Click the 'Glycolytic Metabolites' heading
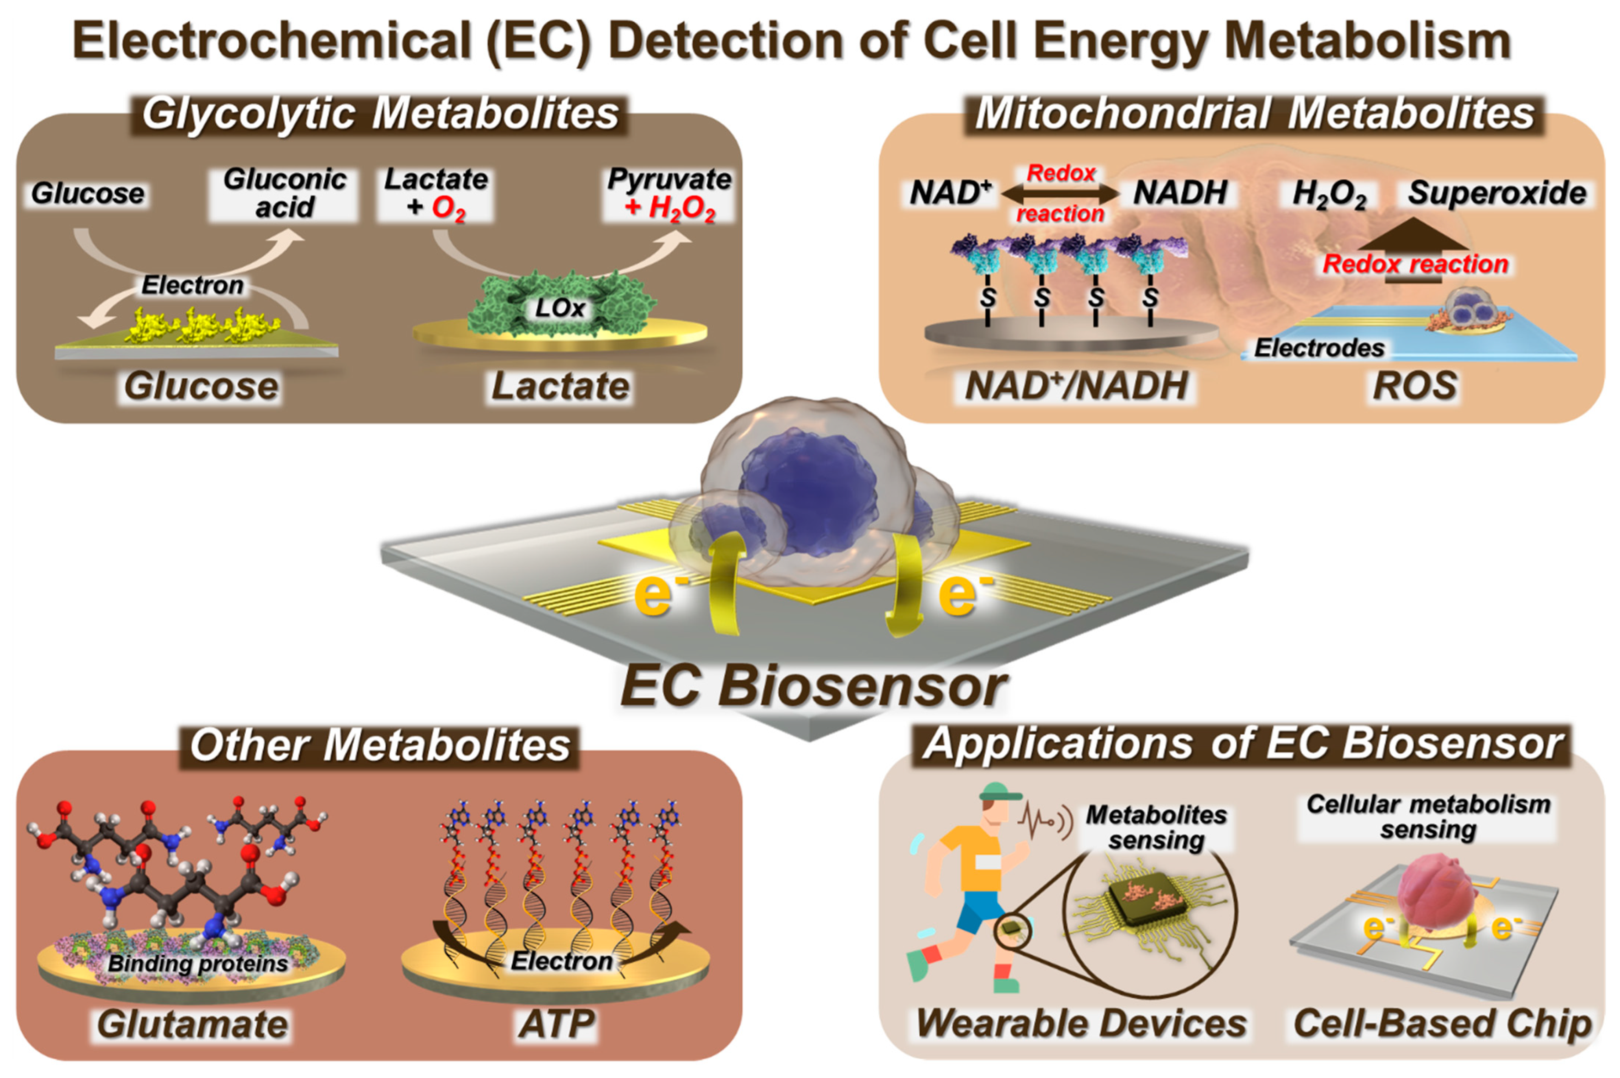380,114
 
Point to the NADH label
1180,193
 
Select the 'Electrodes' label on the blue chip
1319,348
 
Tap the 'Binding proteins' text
198,963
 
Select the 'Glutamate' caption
193,1024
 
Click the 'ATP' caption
556,1024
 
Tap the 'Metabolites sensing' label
1156,827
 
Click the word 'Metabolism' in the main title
1368,41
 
